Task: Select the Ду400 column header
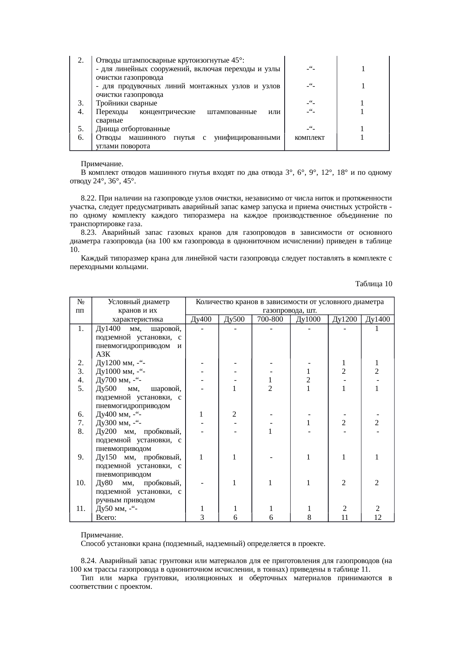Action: coord(201,319)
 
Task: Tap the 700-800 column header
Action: coord(271,319)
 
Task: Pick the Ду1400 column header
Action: coord(377,319)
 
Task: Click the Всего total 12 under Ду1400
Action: coord(377,518)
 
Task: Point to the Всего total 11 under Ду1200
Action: coord(345,518)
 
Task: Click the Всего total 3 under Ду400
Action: coord(202,518)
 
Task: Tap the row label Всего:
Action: coord(106,518)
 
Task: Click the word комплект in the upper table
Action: coord(310,138)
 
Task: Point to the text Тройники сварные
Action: coord(126,103)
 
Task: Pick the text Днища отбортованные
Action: coord(133,129)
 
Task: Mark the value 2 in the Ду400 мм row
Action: coord(234,414)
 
